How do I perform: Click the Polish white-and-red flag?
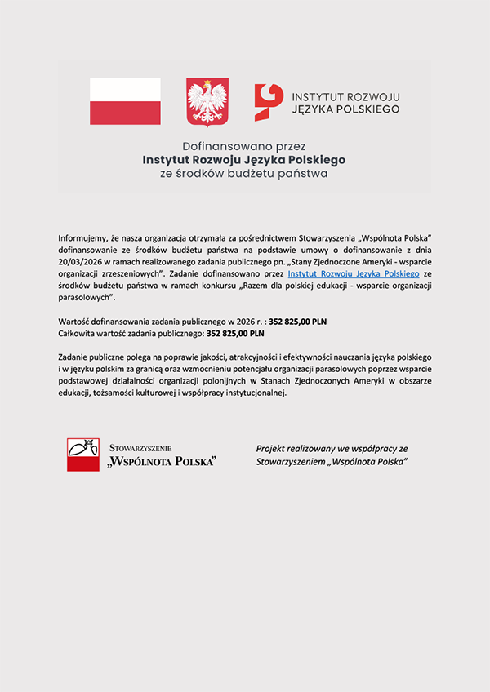tap(125, 101)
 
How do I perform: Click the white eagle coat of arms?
tap(207, 101)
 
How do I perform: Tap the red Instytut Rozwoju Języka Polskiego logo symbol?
tap(269, 101)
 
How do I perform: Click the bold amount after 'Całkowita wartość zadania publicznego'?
tap(235, 333)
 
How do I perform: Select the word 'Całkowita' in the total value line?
tap(76, 333)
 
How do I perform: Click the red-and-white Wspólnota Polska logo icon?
tap(82, 455)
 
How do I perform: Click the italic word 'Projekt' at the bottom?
tap(269, 449)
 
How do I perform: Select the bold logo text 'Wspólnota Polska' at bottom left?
tap(162, 462)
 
